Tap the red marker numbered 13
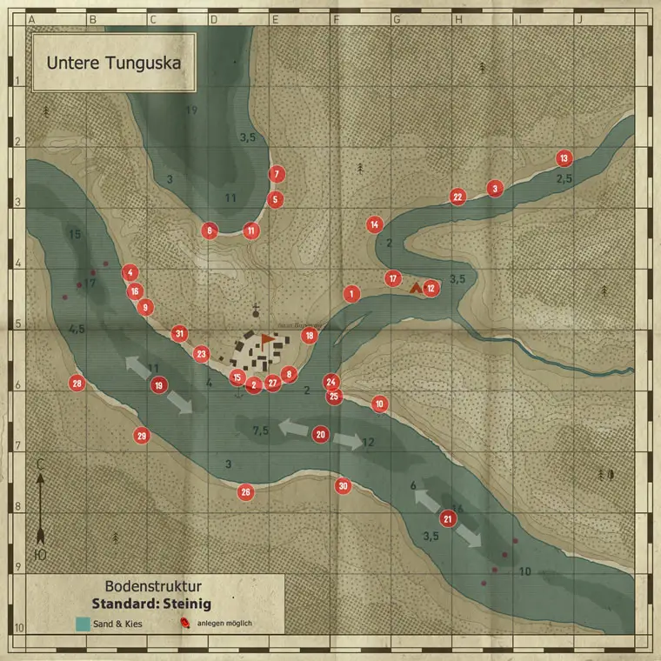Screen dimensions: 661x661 click(564, 158)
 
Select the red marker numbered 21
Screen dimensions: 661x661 click(448, 519)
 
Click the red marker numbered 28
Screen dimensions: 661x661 click(77, 384)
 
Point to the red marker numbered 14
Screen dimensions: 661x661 click(374, 224)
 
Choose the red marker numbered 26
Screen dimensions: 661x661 click(246, 492)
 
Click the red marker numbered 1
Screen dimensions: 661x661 click(351, 294)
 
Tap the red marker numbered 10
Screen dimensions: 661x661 click(379, 404)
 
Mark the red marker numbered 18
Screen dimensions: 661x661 click(309, 335)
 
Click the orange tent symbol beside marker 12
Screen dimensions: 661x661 click(415, 285)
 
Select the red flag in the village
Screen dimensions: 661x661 click(265, 339)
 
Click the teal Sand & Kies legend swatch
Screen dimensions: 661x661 click(83, 623)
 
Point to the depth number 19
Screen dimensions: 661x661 click(192, 110)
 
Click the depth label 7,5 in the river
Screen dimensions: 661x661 click(260, 431)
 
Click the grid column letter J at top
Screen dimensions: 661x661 click(578, 18)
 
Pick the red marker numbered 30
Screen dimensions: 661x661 click(344, 486)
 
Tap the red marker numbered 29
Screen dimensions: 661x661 click(142, 436)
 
